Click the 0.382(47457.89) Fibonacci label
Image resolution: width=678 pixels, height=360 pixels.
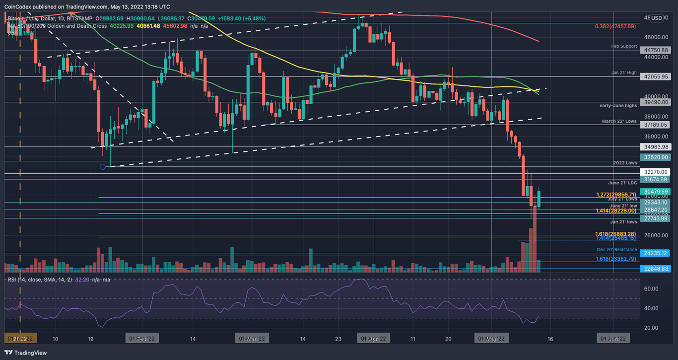615,26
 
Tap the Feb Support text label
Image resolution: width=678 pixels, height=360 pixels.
624,46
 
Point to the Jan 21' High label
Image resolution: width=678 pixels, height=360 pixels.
624,72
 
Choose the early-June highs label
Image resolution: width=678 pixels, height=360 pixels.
618,106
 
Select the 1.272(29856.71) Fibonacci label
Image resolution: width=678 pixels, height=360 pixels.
616,195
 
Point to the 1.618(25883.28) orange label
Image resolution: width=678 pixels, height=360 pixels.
615,234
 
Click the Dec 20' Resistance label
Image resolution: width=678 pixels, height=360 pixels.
616,249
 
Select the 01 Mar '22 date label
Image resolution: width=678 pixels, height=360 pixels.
253,339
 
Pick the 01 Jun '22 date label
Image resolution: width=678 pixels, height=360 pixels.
614,339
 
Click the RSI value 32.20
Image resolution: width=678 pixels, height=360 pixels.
82,280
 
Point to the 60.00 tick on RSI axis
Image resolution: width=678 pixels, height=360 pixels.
651,288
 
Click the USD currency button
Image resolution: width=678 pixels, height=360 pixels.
657,18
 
